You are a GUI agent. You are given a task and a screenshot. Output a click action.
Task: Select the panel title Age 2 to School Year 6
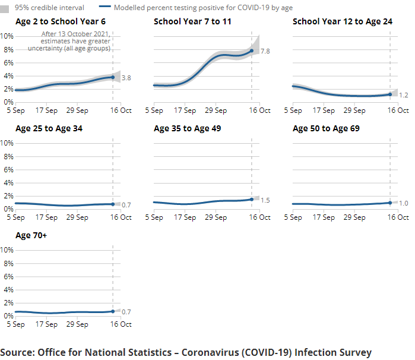(61, 21)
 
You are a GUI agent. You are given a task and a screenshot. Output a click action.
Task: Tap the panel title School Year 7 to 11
(192, 21)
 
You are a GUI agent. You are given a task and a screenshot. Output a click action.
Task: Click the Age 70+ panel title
(31, 235)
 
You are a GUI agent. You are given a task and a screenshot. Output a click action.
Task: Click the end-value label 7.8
(265, 52)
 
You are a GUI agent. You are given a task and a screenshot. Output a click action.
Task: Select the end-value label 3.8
(126, 78)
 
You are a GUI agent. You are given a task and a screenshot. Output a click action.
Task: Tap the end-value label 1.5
(265, 200)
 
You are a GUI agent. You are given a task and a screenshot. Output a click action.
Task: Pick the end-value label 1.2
(404, 95)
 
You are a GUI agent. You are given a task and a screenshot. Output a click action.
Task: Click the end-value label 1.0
(404, 204)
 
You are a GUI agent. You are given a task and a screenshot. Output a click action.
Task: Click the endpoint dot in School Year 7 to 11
(252, 50)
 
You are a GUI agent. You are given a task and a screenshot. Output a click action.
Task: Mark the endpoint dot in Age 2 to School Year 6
(113, 77)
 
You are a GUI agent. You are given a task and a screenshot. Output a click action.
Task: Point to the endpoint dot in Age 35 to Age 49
(252, 199)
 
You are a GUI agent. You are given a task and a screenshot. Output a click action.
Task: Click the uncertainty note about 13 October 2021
(75, 41)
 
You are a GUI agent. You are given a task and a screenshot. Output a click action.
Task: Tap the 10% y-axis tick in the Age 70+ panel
(7, 250)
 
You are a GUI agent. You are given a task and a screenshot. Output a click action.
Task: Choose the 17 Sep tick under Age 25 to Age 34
(46, 217)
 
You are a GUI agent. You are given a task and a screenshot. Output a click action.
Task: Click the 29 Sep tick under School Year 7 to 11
(216, 110)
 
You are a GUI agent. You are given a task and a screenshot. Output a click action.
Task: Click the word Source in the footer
(17, 352)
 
